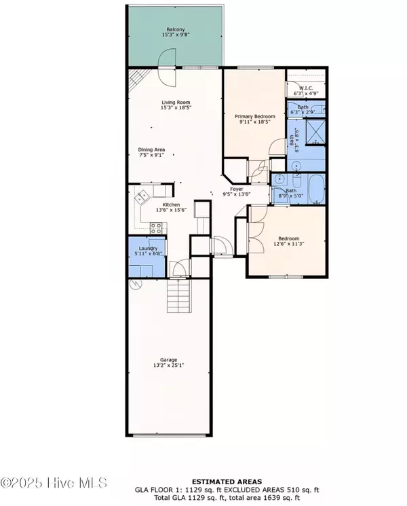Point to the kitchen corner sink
tap(142, 198)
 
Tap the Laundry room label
tap(147, 249)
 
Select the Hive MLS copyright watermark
tap(54, 483)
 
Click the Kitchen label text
tap(170, 204)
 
